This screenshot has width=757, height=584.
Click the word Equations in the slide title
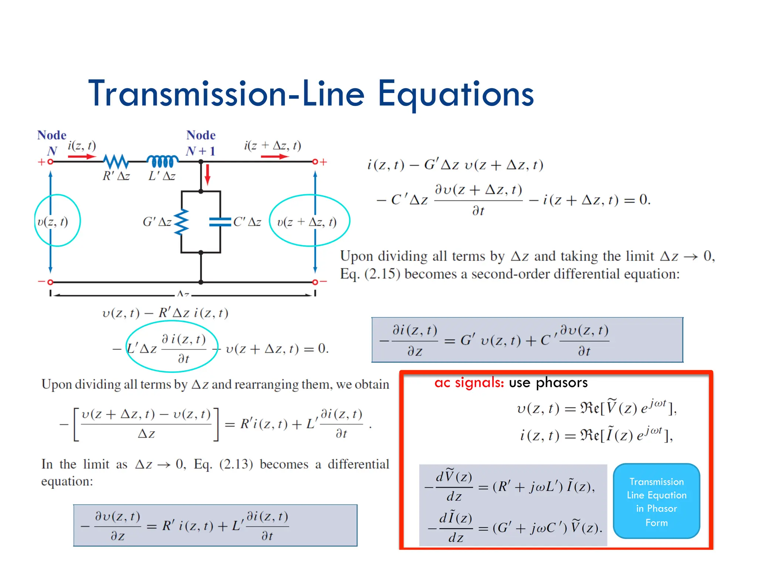click(455, 95)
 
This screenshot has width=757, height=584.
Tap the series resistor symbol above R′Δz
click(116, 162)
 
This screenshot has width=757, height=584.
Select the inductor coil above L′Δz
click(163, 161)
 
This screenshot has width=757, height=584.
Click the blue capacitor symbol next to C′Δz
click(220, 222)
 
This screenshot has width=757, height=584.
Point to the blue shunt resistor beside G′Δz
click(181, 222)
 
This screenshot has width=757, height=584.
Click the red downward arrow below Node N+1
click(208, 174)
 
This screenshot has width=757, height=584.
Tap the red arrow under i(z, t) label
click(82, 157)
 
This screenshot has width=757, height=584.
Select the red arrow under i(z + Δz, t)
click(275, 157)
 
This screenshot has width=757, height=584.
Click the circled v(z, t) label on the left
click(53, 221)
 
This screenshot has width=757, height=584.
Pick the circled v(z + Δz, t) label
click(307, 222)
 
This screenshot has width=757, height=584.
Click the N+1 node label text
click(200, 151)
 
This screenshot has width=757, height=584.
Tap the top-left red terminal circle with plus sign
click(50, 162)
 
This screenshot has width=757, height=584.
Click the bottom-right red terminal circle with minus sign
click(315, 282)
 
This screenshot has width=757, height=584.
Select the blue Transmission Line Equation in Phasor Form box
click(656, 501)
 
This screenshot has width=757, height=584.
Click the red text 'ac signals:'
click(469, 383)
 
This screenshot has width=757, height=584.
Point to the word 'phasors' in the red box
click(561, 383)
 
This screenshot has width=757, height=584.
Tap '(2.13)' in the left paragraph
click(236, 464)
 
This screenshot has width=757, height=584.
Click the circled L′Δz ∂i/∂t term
click(172, 348)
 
